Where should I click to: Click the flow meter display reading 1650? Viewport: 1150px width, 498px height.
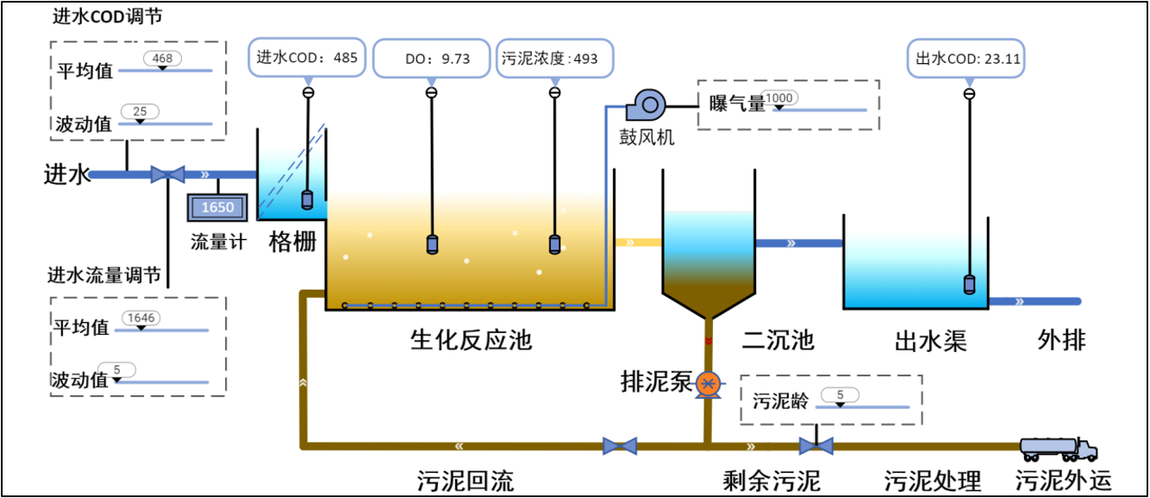[217, 207]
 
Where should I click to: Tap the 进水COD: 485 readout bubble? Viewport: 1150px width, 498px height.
[308, 59]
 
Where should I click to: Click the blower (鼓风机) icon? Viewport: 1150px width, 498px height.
[646, 106]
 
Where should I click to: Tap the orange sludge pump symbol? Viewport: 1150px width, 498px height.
[708, 383]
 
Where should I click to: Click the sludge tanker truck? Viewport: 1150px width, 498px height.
[1058, 448]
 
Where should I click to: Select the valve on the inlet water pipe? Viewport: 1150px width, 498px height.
[167, 174]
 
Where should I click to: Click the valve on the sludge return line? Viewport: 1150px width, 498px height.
[620, 446]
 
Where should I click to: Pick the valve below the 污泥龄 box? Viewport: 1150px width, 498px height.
[816, 446]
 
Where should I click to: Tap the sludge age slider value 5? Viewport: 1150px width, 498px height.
[841, 395]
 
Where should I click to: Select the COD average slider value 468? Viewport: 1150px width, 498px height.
[161, 59]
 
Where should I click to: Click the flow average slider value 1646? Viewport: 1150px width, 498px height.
[141, 318]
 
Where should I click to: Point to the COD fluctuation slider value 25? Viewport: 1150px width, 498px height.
[139, 111]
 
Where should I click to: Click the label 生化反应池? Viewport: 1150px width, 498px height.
[471, 339]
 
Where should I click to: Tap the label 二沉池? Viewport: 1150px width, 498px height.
[778, 339]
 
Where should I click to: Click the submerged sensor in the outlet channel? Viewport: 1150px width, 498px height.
[970, 284]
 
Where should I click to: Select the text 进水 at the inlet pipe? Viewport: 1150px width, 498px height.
[66, 175]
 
